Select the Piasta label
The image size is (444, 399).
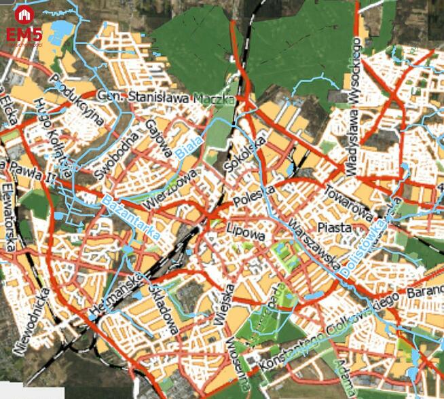pos(335,227)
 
